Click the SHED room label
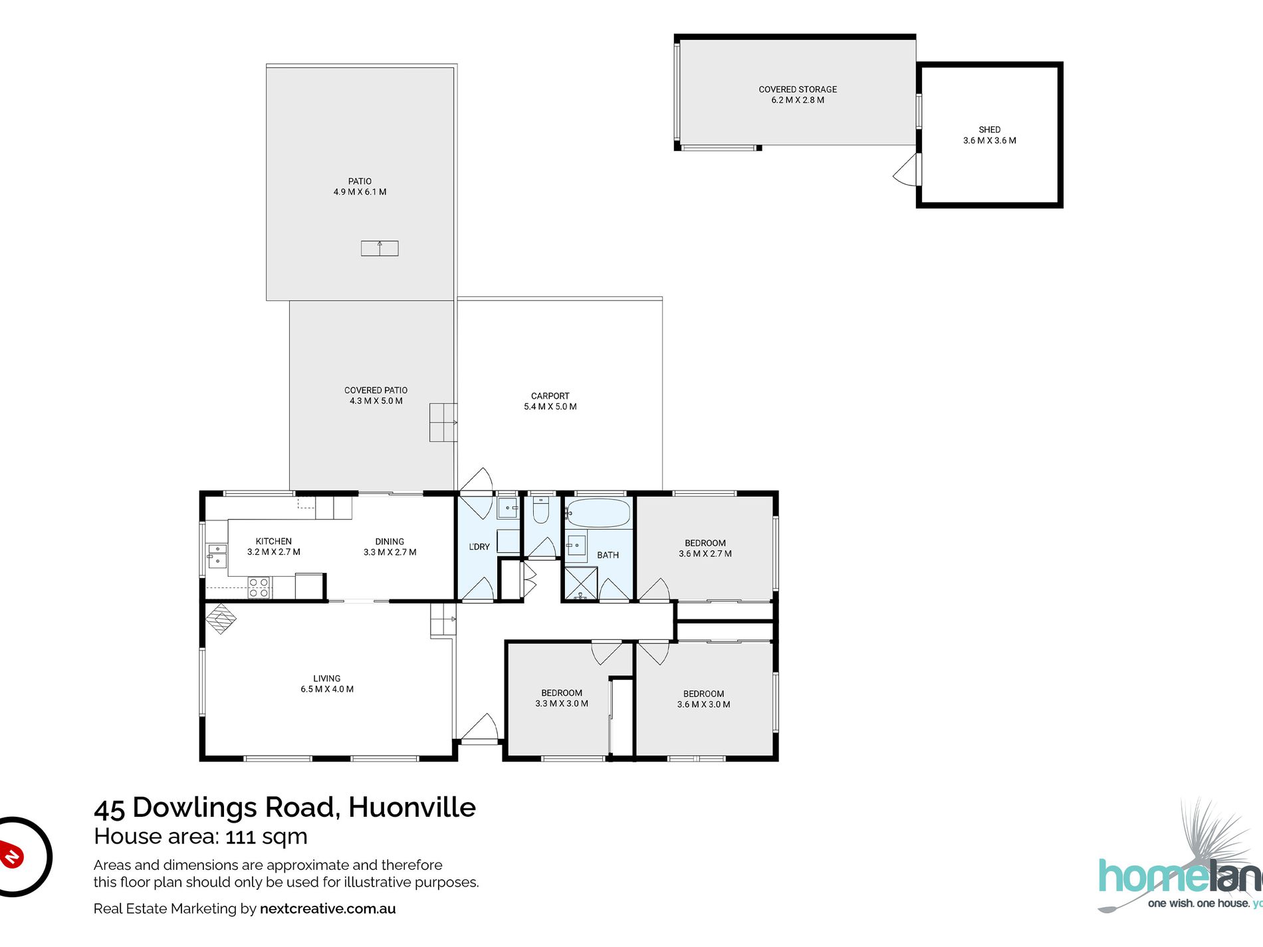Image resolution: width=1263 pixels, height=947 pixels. click(989, 135)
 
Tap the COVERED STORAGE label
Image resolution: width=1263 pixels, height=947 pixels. click(798, 94)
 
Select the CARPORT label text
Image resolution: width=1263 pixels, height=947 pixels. click(550, 401)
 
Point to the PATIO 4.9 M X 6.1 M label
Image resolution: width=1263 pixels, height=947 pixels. click(360, 186)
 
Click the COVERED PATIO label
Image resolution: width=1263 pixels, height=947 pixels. click(376, 395)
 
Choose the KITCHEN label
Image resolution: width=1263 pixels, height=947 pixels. click(273, 546)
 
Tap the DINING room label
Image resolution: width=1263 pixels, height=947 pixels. click(390, 546)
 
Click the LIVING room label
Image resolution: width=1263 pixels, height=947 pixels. click(326, 683)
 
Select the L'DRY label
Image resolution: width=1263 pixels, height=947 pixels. click(479, 546)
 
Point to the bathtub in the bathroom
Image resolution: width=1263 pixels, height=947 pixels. click(598, 513)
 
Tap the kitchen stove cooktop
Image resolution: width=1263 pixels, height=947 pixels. click(259, 587)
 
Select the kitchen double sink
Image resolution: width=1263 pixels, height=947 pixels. click(217, 556)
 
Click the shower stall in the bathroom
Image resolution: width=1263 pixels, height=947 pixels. click(580, 583)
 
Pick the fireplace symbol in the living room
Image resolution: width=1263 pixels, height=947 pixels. click(220, 618)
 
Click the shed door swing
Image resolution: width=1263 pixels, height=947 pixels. click(905, 171)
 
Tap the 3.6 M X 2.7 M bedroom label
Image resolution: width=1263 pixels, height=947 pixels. click(705, 548)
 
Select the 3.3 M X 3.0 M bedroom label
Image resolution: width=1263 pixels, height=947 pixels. click(562, 698)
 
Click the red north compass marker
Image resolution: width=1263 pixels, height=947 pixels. click(12, 856)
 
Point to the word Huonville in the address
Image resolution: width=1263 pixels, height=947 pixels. click(412, 807)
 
